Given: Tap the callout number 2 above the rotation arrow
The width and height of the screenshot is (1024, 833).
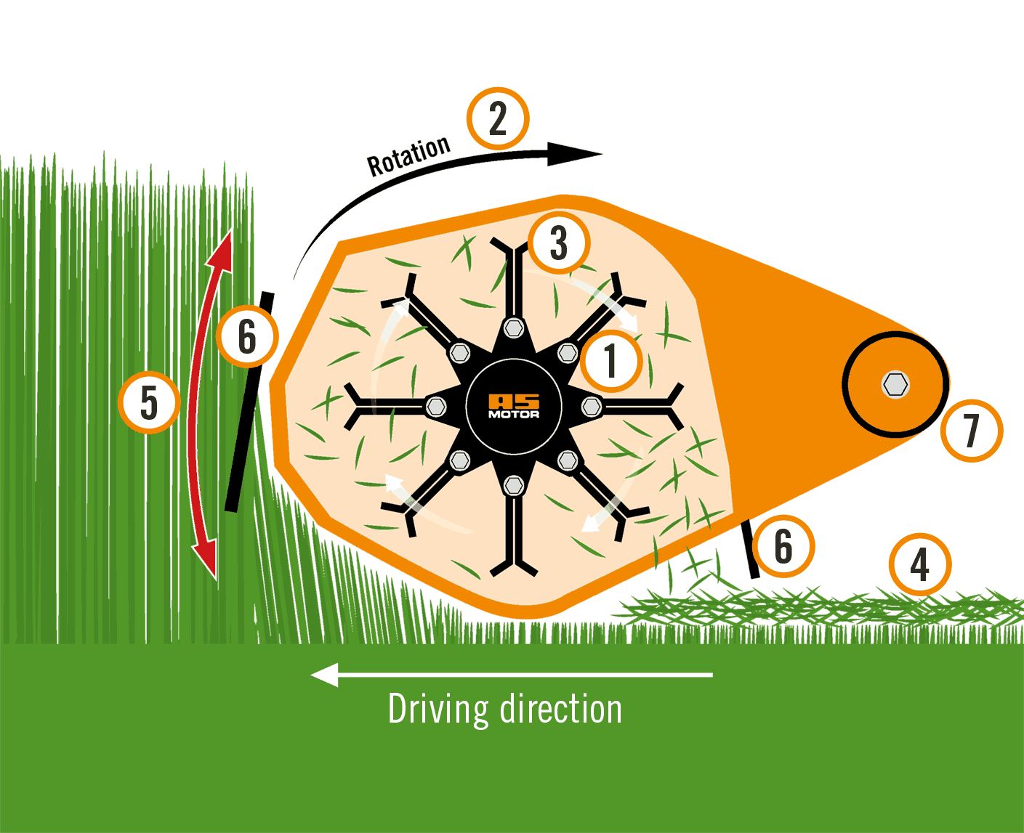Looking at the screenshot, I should [x=498, y=118].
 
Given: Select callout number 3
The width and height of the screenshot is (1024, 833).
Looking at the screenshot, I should [x=558, y=243].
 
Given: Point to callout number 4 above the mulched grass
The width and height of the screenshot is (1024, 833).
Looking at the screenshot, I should [x=919, y=565].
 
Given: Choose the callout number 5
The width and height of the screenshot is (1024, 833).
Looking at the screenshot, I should [x=149, y=402].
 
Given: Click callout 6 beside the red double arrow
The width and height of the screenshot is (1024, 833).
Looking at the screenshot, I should [x=247, y=337].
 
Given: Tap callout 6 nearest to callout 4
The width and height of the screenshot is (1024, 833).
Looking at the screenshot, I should [x=783, y=546].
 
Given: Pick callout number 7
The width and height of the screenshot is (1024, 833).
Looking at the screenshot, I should [x=971, y=431].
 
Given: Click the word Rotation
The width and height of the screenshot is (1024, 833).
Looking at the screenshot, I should [x=408, y=156].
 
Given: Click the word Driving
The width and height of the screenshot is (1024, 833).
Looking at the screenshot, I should [x=438, y=710].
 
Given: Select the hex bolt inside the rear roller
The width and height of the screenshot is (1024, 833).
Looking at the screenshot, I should [x=895, y=384].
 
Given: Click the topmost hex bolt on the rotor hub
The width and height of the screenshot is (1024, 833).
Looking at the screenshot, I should [x=514, y=328].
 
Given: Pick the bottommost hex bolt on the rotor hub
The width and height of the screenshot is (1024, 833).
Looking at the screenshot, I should [x=514, y=484].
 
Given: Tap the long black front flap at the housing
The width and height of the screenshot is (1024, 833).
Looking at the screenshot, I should [x=249, y=402].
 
